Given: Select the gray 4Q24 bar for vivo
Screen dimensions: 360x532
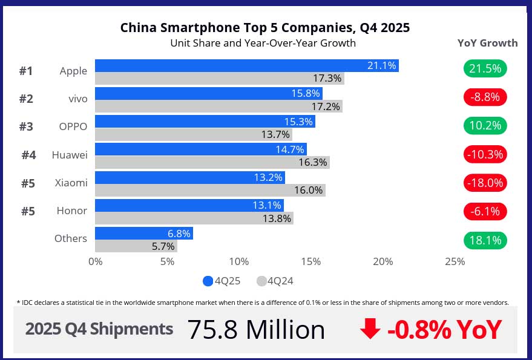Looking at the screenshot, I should pos(218,106).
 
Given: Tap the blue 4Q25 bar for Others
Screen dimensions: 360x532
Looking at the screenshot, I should pos(143,233).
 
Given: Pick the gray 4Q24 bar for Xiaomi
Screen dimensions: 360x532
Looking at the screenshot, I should pos(209,190).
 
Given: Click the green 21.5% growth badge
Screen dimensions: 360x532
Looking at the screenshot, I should pos(485,68).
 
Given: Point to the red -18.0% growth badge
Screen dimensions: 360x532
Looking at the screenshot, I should pos(485,182).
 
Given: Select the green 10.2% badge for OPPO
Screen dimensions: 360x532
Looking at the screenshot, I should pos(485,125).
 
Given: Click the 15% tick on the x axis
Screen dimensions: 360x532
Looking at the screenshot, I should pos(311,261).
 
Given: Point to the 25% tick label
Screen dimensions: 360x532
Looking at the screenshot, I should pos(455,261).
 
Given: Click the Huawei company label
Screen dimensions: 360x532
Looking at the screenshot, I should pos(70,155).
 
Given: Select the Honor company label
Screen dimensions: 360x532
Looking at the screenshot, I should pos(72,211).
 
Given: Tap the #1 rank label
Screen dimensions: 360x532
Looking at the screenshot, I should pos(25,71).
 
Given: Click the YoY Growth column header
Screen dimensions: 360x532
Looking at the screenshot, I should pos(487,43).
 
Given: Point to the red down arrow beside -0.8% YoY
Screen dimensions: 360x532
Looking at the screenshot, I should pos(369,330).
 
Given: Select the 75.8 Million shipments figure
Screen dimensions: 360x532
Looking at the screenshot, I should pos(255,330).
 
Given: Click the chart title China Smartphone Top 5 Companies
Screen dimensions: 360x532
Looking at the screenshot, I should pos(264,28).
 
